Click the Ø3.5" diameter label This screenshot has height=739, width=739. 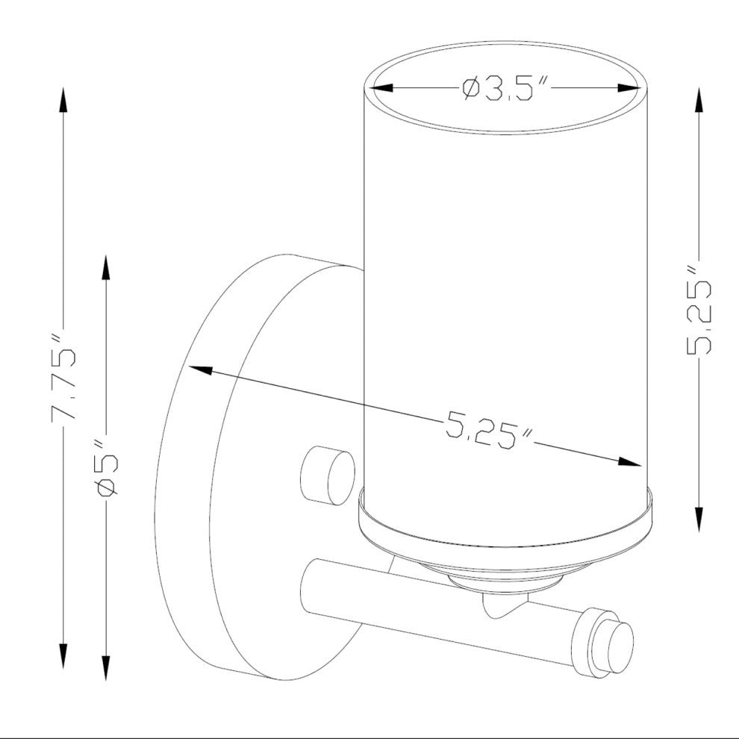click(x=505, y=90)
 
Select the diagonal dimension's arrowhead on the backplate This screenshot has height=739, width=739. click(x=200, y=371)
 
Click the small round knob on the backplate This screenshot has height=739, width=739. click(x=327, y=475)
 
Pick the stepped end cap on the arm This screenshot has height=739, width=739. click(x=606, y=642)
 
